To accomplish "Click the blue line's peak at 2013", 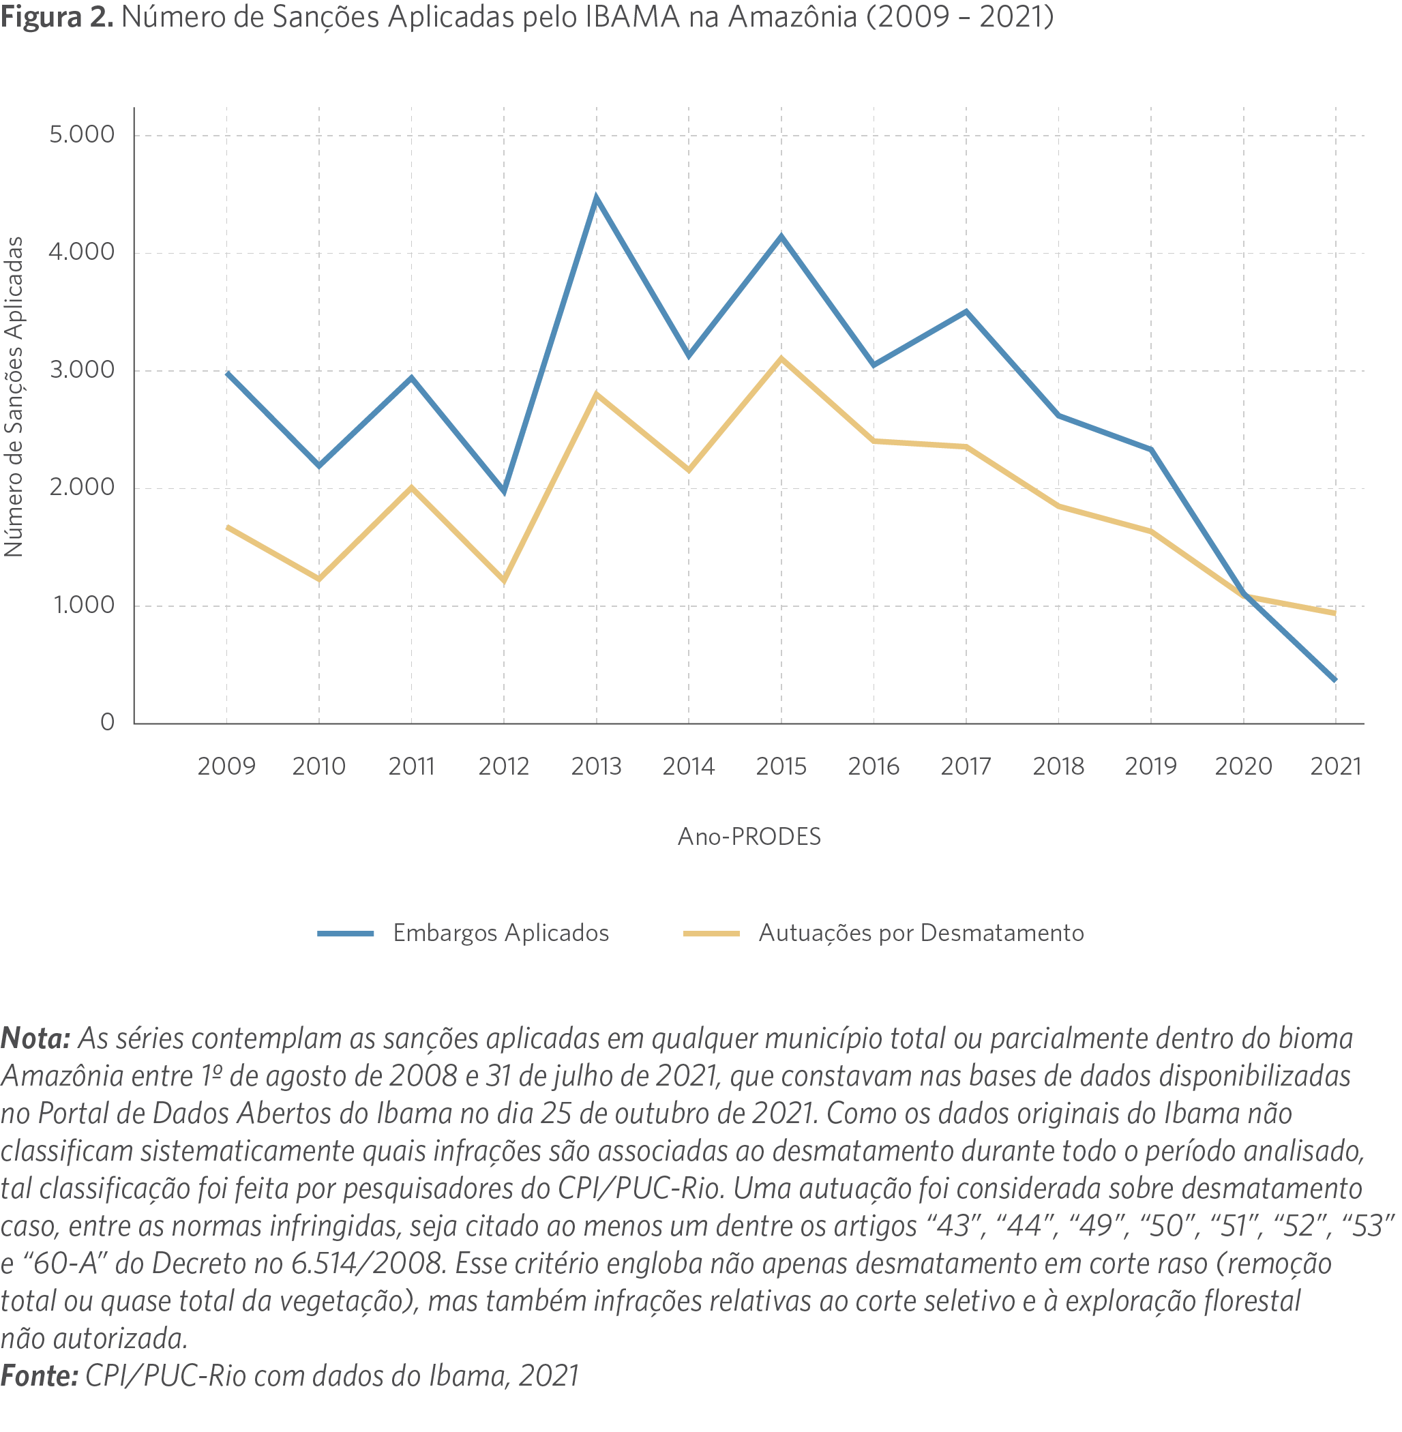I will (x=597, y=197).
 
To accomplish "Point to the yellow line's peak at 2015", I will (x=781, y=359).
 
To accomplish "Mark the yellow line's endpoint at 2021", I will (x=1335, y=612).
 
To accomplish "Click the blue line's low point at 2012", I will (x=505, y=491).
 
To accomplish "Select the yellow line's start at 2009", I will (x=227, y=526).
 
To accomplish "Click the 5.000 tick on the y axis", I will (x=82, y=135).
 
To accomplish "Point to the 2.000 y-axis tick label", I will (x=82, y=488).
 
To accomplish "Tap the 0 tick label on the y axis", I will (x=108, y=722).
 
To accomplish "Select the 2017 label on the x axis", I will (x=966, y=766).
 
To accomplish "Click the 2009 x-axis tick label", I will (x=226, y=766).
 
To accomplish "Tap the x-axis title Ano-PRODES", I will (x=749, y=837).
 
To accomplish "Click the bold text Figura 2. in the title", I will (x=57, y=16).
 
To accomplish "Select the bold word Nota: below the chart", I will (x=35, y=1038).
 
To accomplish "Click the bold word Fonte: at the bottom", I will (x=39, y=1375).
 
